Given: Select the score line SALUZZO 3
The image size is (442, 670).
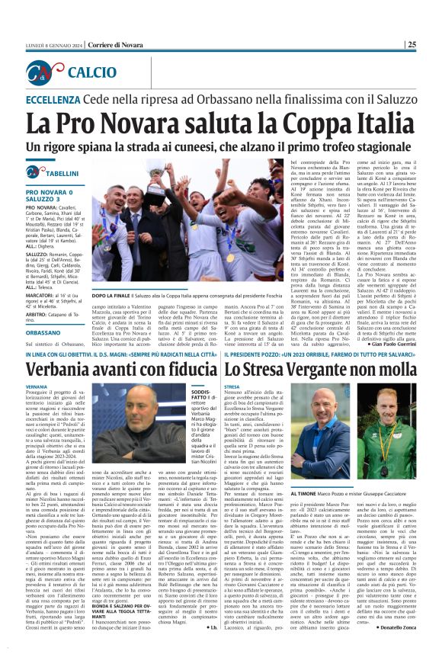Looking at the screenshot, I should pyautogui.click(x=46, y=199).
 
